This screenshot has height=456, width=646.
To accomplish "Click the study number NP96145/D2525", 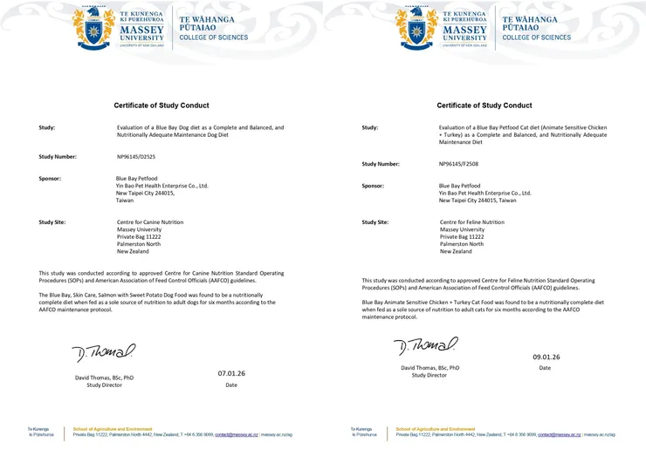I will click(x=135, y=157).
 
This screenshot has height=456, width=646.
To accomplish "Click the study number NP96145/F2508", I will click(x=458, y=164).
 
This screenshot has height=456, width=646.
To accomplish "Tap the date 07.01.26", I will click(x=231, y=373).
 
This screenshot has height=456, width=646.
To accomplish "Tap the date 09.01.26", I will click(x=546, y=357).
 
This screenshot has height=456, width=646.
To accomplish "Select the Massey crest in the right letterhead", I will click(x=415, y=26).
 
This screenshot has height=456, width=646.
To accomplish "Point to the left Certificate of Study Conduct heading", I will click(x=161, y=105).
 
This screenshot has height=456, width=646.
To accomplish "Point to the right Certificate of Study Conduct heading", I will click(x=484, y=105).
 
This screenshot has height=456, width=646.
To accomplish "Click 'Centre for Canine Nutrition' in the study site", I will click(x=149, y=222).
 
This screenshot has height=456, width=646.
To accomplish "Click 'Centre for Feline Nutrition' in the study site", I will click(x=471, y=222).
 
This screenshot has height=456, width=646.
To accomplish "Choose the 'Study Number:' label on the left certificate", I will click(x=58, y=157).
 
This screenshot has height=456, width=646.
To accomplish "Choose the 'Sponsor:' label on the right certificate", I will click(x=373, y=186).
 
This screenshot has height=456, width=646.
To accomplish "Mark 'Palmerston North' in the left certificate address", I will click(x=139, y=244).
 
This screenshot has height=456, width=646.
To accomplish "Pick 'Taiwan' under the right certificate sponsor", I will click(x=449, y=201).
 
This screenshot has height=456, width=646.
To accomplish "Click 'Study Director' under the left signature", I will click(x=105, y=385).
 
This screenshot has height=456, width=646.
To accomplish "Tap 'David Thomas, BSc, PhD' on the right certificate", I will click(x=430, y=368).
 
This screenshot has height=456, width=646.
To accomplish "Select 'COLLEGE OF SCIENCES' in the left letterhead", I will click(x=213, y=37).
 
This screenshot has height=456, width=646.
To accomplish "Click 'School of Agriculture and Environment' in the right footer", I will click(x=435, y=429).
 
